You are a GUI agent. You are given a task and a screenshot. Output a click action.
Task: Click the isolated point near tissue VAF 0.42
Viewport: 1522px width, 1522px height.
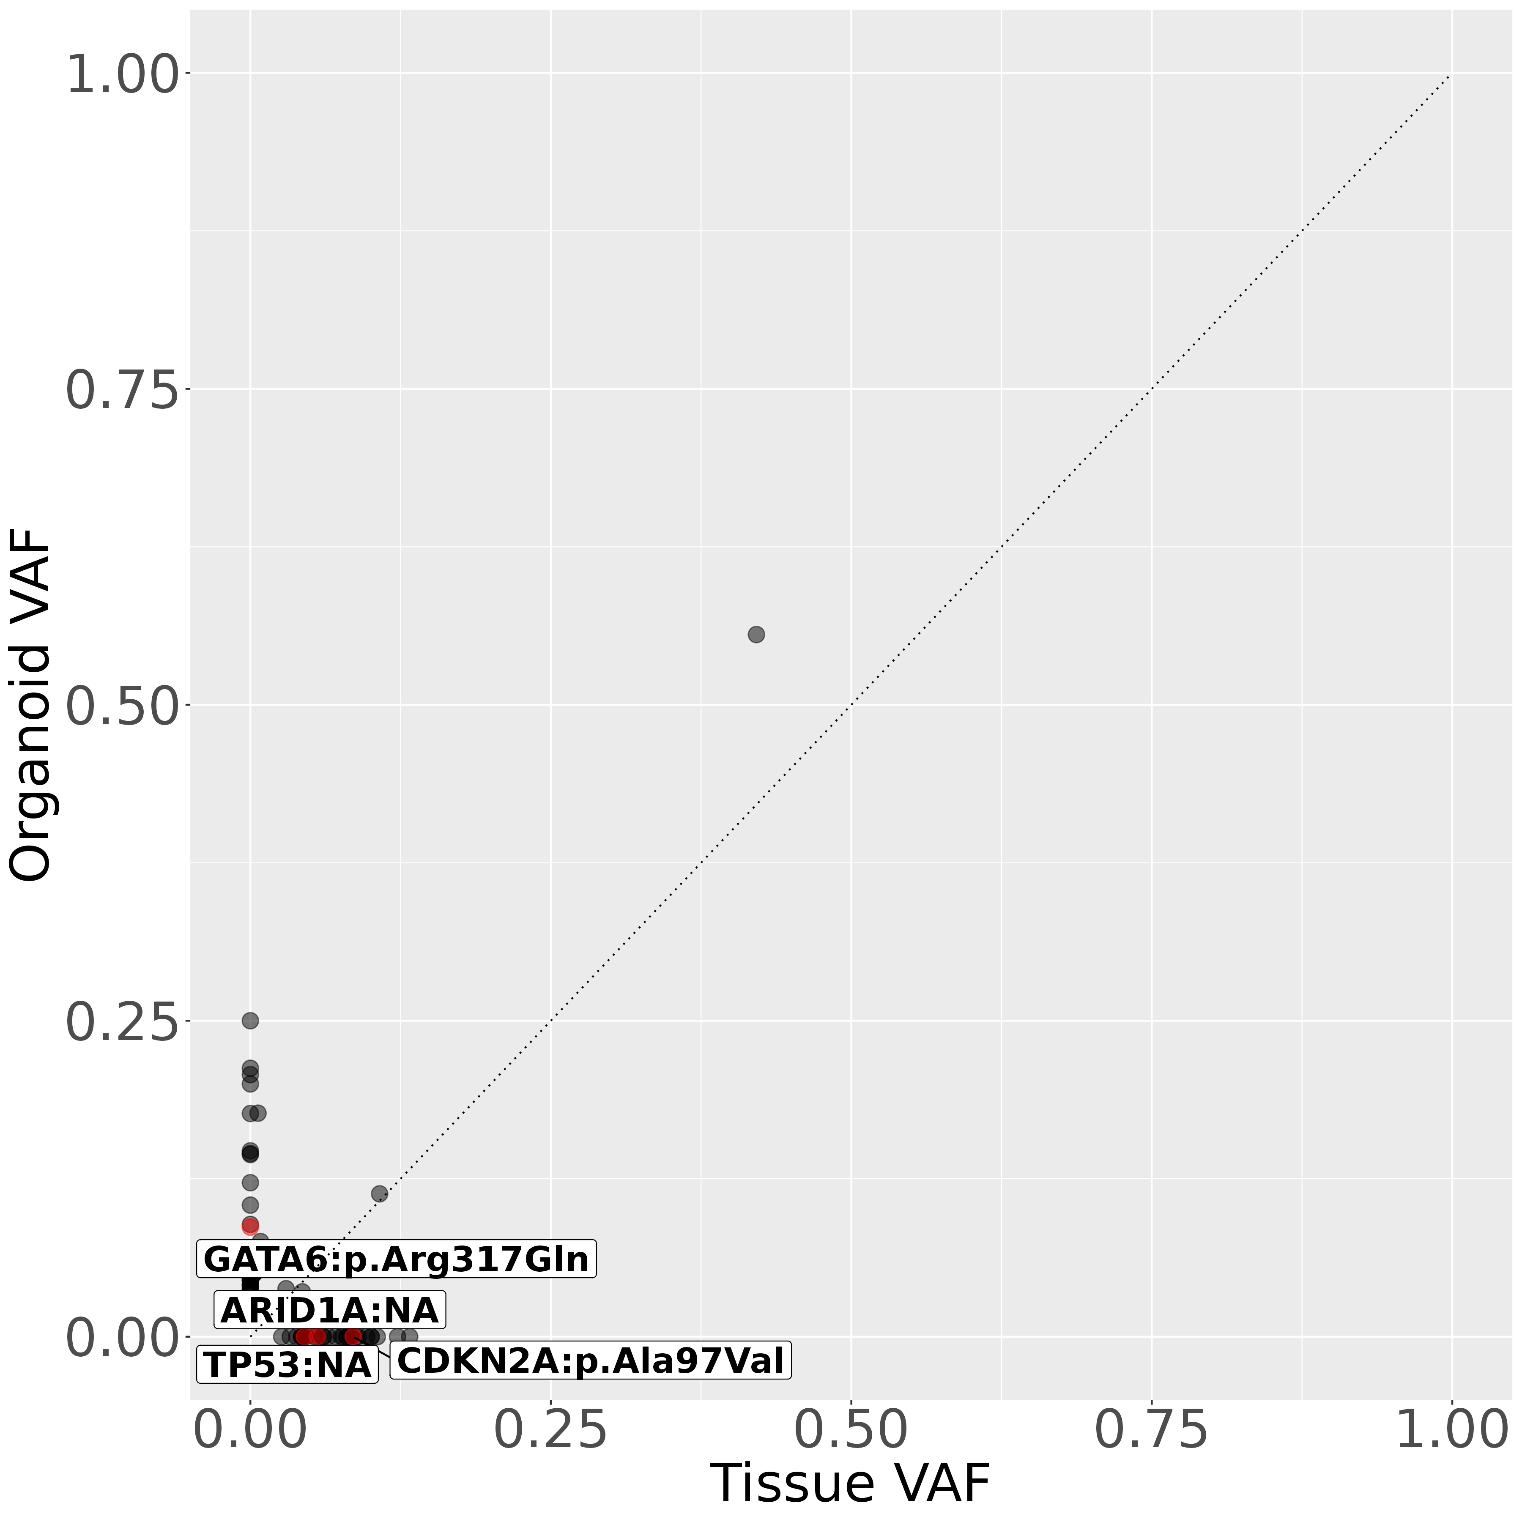pos(756,634)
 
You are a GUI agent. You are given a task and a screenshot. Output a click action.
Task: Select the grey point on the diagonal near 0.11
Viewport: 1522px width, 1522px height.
pos(379,1194)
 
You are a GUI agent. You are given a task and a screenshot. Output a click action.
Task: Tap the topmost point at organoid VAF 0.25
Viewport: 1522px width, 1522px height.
pos(251,1020)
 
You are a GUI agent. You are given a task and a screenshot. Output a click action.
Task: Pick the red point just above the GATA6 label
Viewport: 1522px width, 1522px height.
pos(251,1226)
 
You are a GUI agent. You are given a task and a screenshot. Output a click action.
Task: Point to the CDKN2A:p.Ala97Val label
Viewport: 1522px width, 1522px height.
pos(591,1360)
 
